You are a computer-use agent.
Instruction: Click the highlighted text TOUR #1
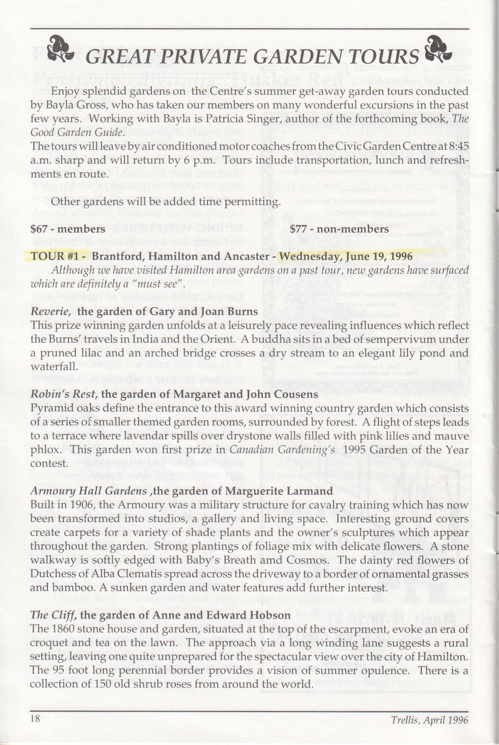pyautogui.click(x=55, y=256)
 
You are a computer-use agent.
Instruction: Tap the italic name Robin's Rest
pyautogui.click(x=64, y=394)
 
